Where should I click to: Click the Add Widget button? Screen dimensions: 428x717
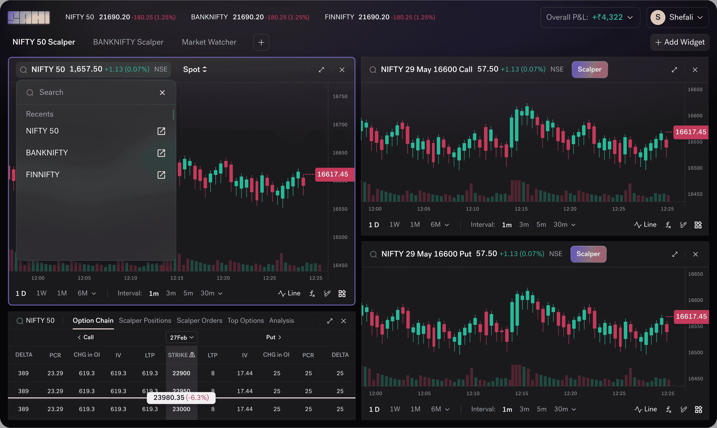coord(680,42)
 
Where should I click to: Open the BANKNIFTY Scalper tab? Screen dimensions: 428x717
coord(128,42)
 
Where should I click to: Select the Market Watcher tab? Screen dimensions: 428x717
coord(209,42)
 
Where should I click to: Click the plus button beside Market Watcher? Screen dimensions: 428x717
coord(261,42)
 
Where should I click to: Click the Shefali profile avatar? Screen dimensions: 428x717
coord(658,17)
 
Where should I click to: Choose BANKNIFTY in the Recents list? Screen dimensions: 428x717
coord(47,153)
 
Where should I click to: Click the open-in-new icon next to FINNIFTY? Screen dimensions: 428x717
coord(161,175)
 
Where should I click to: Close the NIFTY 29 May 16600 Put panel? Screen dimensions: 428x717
coord(695,254)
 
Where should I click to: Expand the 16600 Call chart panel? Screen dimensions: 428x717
coord(674,70)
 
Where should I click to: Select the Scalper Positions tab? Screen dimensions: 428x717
coord(145,320)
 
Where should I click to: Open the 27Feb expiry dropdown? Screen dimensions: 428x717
coord(181,337)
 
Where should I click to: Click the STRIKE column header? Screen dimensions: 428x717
coord(181,355)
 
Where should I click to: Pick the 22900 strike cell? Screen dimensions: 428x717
coord(181,373)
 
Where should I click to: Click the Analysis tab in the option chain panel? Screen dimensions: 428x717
coord(281,320)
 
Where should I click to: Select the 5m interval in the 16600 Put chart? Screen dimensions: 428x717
coord(542,409)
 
